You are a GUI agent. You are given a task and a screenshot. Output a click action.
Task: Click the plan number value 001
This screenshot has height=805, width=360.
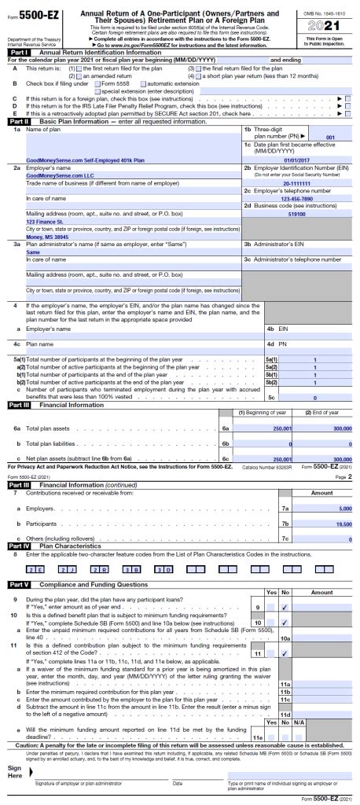pyautogui.click(x=331, y=137)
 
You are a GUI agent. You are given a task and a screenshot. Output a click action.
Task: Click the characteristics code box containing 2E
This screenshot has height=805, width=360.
pyautogui.click(x=35, y=568)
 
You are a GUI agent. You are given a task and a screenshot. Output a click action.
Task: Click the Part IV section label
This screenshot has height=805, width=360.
pyautogui.click(x=19, y=545)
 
